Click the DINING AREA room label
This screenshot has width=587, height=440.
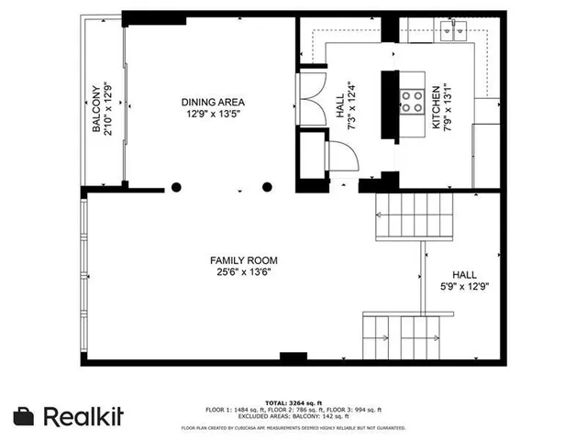click(x=212, y=102)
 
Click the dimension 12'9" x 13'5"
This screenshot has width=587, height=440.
click(x=212, y=114)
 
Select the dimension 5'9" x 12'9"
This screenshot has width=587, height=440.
click(x=464, y=286)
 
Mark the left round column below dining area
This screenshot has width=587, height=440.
click(x=176, y=188)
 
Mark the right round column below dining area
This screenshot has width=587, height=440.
click(x=267, y=188)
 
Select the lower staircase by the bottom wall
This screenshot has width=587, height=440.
click(x=402, y=335)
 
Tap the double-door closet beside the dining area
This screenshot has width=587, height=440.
click(x=311, y=99)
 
